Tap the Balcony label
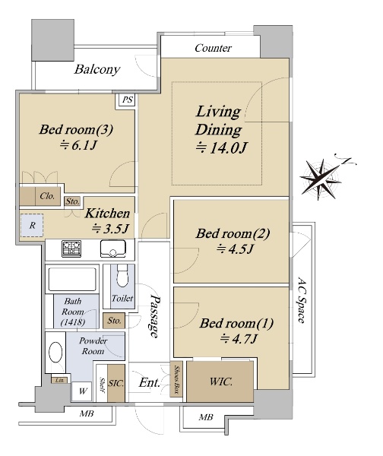click(97, 69)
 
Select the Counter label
click(214, 48)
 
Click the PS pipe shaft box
click(127, 100)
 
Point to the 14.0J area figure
click(221, 147)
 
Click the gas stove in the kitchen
click(71, 249)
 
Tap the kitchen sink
click(113, 249)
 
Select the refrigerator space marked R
click(32, 226)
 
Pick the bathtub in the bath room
click(72, 279)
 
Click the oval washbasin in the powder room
click(55, 352)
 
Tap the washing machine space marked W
click(82, 391)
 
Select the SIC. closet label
click(116, 383)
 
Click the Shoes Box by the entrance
click(176, 379)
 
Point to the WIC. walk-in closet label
click(221, 382)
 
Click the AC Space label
click(302, 300)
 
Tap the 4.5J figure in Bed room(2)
click(236, 249)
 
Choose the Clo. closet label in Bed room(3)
click(47, 196)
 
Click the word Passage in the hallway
click(154, 316)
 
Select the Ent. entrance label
click(150, 383)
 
